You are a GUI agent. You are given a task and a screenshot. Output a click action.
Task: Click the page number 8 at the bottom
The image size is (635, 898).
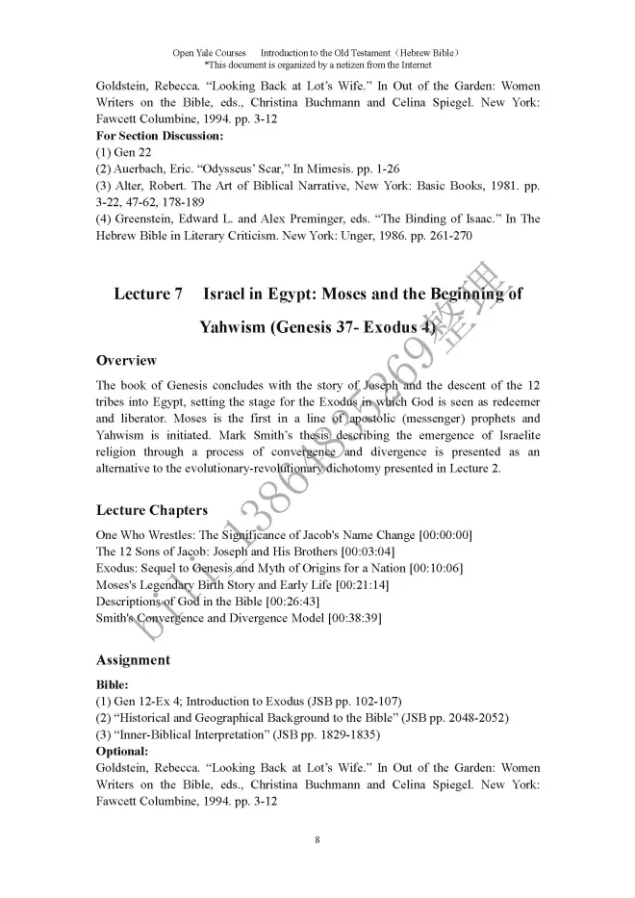click(317, 840)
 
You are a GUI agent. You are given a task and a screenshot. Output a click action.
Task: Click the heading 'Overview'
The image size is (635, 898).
click(126, 361)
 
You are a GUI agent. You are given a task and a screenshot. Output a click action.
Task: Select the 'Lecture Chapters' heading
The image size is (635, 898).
click(151, 510)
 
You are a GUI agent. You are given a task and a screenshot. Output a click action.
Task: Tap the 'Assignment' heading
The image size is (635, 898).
click(133, 660)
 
